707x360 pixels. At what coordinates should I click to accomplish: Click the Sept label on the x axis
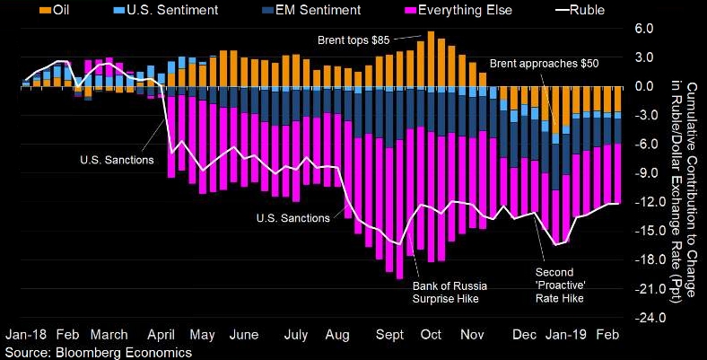(388, 334)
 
